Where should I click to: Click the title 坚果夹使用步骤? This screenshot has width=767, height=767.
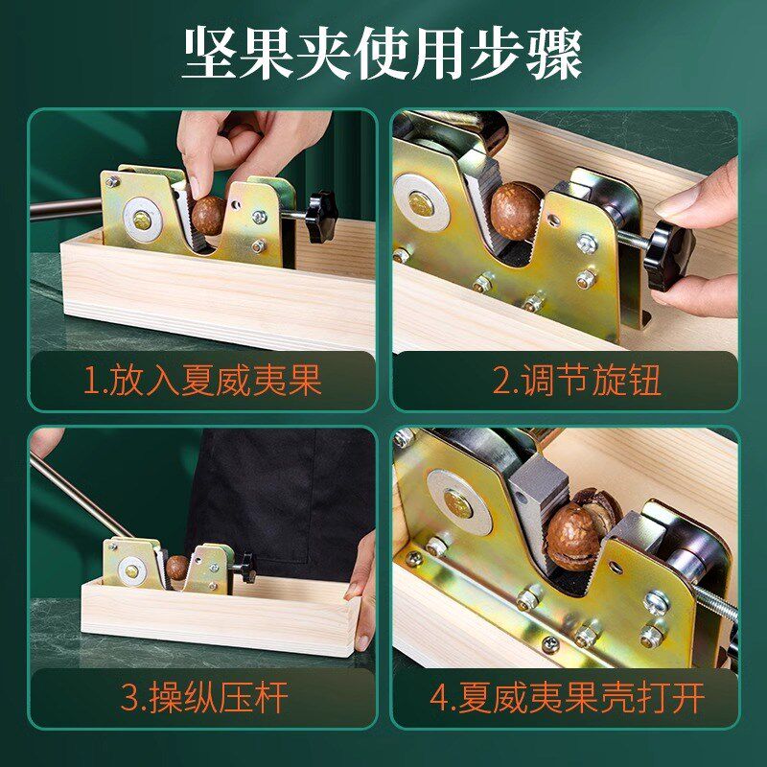pyautogui.click(x=382, y=54)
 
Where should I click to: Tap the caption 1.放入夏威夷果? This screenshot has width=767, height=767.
pyautogui.click(x=202, y=380)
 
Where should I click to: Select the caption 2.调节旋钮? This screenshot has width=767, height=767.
pyautogui.click(x=577, y=380)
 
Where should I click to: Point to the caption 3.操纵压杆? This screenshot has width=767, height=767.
pyautogui.click(x=203, y=698)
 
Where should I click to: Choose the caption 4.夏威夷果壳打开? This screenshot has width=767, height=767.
pyautogui.click(x=567, y=698)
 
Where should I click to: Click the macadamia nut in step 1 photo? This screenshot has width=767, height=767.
pyautogui.click(x=208, y=215)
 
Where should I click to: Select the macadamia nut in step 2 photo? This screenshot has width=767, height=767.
pyautogui.click(x=515, y=211)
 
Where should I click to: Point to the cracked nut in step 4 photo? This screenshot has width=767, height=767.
pyautogui.click(x=577, y=531)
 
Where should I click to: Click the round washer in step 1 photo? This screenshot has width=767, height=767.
pyautogui.click(x=142, y=221)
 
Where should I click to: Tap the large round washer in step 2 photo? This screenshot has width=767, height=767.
pyautogui.click(x=421, y=202)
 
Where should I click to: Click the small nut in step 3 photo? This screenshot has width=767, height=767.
pyautogui.click(x=176, y=568)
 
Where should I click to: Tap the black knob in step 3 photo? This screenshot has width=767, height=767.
pyautogui.click(x=248, y=569)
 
